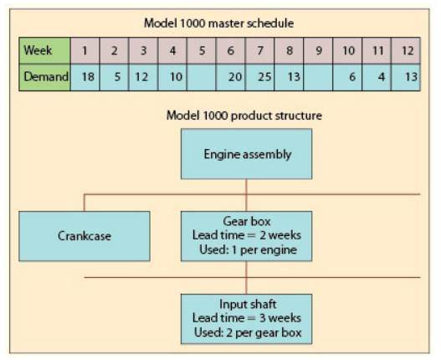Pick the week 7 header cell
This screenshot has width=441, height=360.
coord(260,51)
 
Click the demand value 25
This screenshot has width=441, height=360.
coord(260,79)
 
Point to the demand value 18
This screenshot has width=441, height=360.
coord(85,79)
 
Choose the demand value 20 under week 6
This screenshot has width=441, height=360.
coord(231,79)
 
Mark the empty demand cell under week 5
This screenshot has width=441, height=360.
coord(202,79)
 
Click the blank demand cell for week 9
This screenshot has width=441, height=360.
coord(318,79)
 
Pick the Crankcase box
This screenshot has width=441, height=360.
coord(85,235)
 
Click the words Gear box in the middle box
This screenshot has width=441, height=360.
coord(246,221)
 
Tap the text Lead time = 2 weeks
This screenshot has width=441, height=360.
coord(246,235)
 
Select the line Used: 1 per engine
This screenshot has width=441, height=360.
coord(246,249)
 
